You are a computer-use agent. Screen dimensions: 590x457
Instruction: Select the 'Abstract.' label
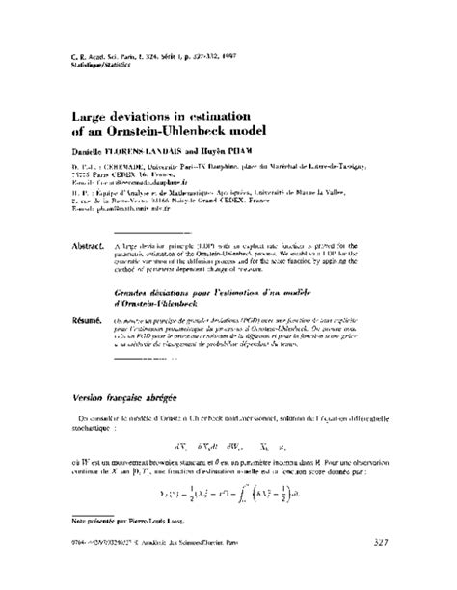(94, 247)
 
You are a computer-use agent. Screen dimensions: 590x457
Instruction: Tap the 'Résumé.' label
(94, 314)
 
